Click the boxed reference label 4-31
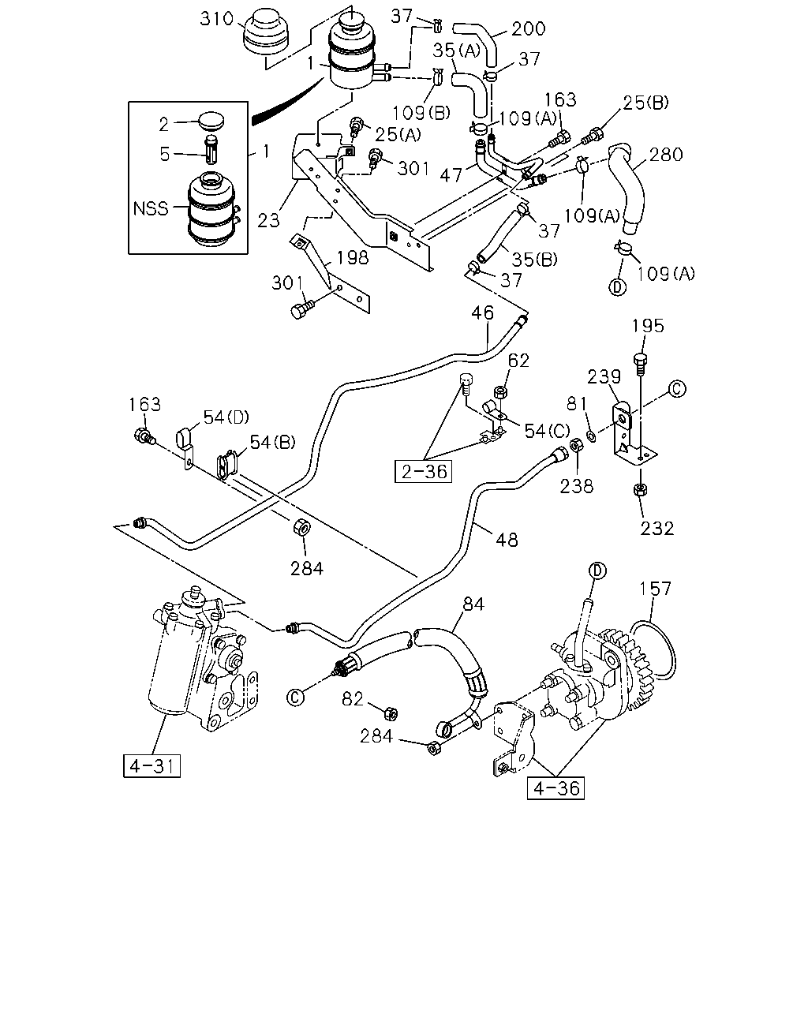point(151,766)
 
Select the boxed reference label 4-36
point(555,788)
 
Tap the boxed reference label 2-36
point(423,471)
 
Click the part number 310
point(216,19)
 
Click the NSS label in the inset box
point(151,208)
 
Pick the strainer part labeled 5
point(211,149)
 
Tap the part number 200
point(528,28)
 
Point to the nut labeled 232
point(639,490)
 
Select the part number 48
point(507,540)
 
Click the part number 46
point(482,313)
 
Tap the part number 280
point(666,155)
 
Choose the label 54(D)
point(226,417)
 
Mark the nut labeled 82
point(391,714)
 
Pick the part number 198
point(353,257)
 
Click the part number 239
point(604,376)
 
